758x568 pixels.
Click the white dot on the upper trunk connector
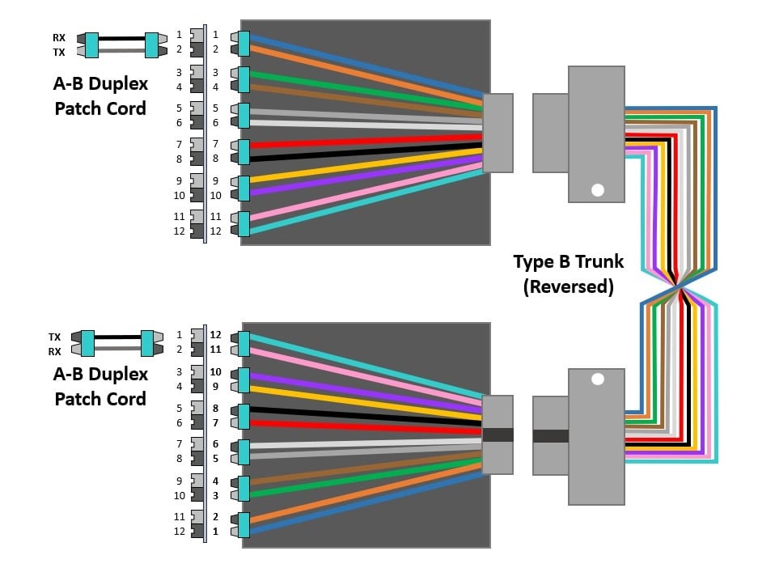coord(598,190)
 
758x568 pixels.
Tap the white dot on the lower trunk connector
coord(598,379)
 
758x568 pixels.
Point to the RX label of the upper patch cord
coord(59,36)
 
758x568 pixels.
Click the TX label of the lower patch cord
coord(55,336)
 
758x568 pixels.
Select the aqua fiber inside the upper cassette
coord(364,201)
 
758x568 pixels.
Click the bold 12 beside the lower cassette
coord(216,335)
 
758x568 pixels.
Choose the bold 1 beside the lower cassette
coord(216,532)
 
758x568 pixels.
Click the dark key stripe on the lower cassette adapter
coord(498,434)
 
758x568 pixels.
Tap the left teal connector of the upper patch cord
coord(91,45)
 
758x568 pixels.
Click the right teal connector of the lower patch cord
coord(147,343)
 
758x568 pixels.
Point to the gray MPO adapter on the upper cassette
coord(498,133)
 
